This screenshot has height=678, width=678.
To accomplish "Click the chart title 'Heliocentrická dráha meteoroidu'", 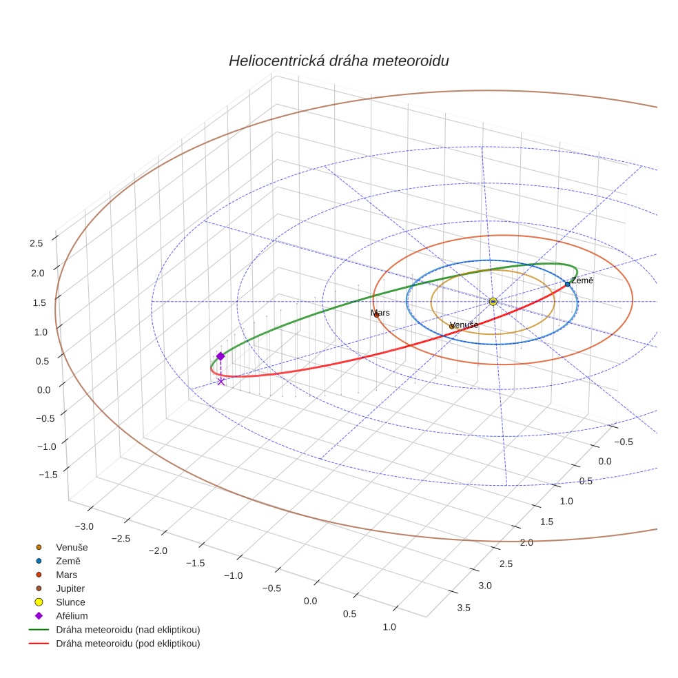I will pos(338,61).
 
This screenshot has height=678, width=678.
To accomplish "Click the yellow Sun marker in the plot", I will pos(493,301).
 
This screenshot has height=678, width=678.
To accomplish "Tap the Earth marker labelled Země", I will pos(567,284).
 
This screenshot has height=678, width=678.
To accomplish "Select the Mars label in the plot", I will pos(380,313).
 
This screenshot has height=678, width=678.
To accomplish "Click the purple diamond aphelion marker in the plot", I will pos(220,356).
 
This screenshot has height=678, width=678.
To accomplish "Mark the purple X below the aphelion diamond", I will pos(220,381).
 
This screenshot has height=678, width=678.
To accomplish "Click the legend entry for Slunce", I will pos(70,602).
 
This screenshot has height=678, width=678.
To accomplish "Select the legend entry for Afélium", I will pos(72,616).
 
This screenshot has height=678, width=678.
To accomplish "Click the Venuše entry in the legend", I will pos(72,547).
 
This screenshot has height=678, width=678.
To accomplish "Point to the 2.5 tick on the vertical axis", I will pos(36,243).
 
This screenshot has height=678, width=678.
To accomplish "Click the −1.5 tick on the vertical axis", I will pos(34,475).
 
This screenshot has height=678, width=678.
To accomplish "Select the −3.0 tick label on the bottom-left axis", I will pos(83,527).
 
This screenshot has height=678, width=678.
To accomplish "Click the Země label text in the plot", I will pos(582,280).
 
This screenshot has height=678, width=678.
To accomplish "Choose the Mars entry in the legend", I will pos(66,575).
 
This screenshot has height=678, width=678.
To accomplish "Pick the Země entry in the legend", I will pos(68,561).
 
